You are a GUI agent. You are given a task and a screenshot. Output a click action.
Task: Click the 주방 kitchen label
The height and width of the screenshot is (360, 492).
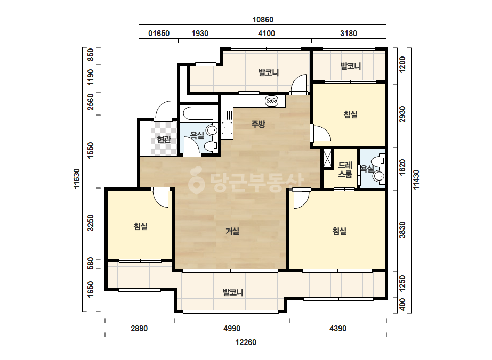click(258, 124)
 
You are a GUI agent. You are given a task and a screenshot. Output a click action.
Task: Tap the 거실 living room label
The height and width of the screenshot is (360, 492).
click(232, 232)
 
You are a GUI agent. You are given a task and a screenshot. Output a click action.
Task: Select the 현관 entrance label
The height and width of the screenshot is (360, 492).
click(164, 139)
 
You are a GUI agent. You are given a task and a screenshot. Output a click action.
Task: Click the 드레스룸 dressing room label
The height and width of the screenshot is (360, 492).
click(345, 170)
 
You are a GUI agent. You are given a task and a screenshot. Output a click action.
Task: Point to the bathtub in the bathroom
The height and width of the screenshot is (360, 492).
click(198, 113)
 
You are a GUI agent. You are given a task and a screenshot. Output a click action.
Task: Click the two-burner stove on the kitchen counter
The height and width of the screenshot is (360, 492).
click(271, 101)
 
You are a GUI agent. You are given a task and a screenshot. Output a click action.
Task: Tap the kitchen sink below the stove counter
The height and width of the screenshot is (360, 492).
click(227, 128)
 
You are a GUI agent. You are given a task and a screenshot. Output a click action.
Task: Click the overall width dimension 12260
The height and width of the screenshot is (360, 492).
click(246, 342)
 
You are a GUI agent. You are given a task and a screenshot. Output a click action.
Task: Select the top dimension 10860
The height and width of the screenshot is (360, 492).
click(263, 20)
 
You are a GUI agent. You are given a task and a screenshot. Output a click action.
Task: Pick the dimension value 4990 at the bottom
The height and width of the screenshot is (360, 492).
click(232, 329)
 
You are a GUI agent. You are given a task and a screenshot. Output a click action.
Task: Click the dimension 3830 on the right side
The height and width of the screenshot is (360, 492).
click(402, 230)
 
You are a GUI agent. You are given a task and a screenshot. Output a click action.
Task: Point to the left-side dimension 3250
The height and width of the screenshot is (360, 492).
click(91, 223)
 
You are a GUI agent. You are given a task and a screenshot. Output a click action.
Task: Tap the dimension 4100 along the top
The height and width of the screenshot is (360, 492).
click(267, 33)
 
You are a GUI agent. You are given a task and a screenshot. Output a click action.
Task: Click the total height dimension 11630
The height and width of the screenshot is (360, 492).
click(77, 178)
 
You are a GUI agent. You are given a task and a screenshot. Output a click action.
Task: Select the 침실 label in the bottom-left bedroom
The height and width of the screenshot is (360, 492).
click(141, 226)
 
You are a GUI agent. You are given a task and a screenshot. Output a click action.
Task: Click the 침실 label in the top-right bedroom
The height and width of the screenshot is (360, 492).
click(351, 114)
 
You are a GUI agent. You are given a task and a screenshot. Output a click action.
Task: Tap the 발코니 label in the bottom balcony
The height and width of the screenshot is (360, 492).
click(233, 292)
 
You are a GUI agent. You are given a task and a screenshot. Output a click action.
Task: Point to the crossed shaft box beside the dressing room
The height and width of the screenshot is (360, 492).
click(327, 159)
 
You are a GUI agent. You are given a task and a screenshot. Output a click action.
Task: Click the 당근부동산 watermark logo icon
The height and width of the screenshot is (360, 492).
click(196, 179)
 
